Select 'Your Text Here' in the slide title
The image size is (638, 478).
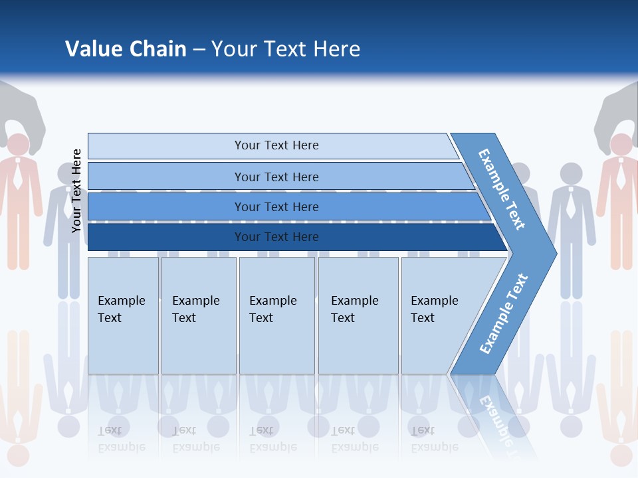286,48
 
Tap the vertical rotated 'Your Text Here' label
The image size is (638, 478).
76,191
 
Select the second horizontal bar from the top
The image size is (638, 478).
276,177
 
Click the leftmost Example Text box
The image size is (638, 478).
123,315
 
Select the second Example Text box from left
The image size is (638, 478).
198,315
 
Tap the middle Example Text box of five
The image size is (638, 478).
276,315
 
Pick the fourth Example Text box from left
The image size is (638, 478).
358,315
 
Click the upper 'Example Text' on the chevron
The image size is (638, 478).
502,189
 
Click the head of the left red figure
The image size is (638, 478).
18,144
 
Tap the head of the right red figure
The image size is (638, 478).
621,144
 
